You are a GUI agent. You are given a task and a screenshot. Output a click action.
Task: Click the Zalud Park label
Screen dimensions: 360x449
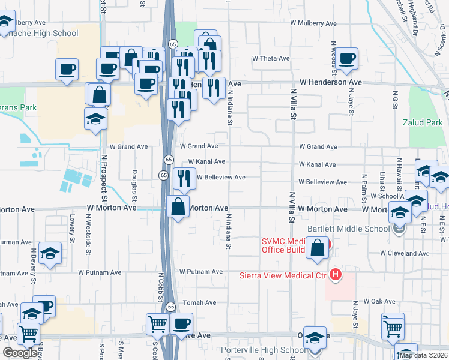pyautogui.click(x=427, y=122)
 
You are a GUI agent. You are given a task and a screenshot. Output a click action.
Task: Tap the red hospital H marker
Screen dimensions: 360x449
pyautogui.click(x=336, y=275)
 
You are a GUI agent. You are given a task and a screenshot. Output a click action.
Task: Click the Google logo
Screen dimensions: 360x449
pyautogui.click(x=20, y=353)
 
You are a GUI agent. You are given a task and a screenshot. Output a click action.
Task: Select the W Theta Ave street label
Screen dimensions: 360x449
pyautogui.click(x=271, y=59)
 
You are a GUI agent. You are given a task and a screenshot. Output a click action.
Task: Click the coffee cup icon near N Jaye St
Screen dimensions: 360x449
pyautogui.click(x=347, y=59)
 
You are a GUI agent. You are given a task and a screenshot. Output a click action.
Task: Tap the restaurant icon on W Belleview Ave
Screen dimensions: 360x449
pyautogui.click(x=184, y=178)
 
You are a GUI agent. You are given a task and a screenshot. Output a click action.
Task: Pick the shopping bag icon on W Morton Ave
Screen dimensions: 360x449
pyautogui.click(x=178, y=206)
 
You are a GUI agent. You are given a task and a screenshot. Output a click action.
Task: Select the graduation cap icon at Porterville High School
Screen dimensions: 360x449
pyautogui.click(x=314, y=337)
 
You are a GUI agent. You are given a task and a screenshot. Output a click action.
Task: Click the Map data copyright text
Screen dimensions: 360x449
pyautogui.click(x=423, y=355)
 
